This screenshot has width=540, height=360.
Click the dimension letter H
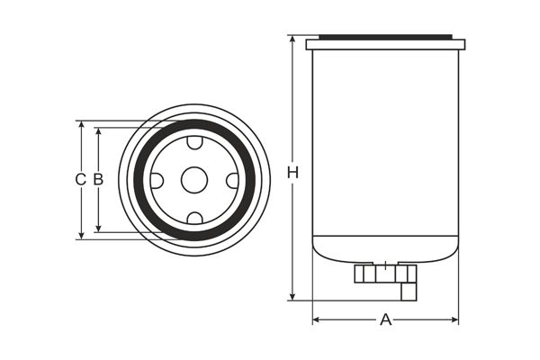coord(292,171)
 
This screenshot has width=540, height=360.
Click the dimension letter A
coord(386,319)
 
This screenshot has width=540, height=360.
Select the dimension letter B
coord(98,179)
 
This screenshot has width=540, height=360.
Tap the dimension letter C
coord(80,179)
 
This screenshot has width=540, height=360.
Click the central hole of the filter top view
coord(194,180)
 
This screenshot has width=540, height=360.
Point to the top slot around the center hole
coord(194,142)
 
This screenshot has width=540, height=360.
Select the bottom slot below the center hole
coord(194,218)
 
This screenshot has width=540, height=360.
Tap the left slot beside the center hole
coord(157,180)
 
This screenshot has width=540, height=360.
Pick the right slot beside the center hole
coord(232,180)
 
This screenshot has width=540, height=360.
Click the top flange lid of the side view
coord(385,43)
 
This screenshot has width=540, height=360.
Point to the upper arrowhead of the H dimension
coord(292,40)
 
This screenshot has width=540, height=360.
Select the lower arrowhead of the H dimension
coord(292,296)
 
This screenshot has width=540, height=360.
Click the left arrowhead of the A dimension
coord(316,319)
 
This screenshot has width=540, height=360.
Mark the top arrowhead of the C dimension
coord(81,125)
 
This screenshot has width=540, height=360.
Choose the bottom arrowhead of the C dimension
coord(81,235)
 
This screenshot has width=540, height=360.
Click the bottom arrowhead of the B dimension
coord(98,229)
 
